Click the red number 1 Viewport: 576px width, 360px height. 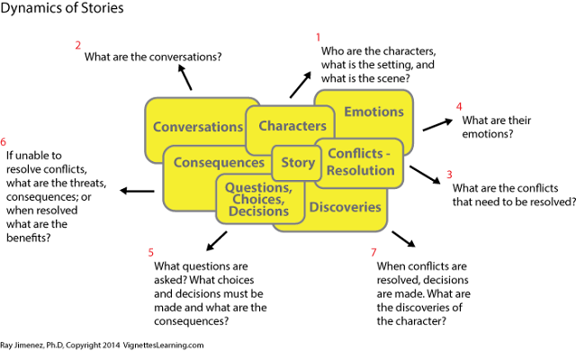pyautogui.click(x=317, y=37)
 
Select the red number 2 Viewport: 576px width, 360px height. pyautogui.click(x=77, y=45)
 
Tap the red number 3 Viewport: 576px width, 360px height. pyautogui.click(x=448, y=175)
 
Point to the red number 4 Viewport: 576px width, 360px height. pyautogui.click(x=458, y=106)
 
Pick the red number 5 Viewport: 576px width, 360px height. pyautogui.click(x=150, y=252)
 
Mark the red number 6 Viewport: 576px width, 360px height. pyautogui.click(x=4, y=141)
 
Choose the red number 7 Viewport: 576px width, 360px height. pyautogui.click(x=373, y=252)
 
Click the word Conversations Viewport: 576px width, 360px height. pyautogui.click(x=198, y=127)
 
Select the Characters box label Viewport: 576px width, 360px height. pyautogui.click(x=292, y=126)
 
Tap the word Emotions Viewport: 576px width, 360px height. pyautogui.click(x=373, y=112)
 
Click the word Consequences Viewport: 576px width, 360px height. pyautogui.click(x=219, y=163)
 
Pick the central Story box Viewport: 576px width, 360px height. pyautogui.click(x=298, y=163)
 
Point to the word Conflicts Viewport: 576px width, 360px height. pyautogui.click(x=355, y=154)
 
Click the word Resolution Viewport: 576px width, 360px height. pyautogui.click(x=360, y=170)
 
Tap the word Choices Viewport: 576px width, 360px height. pyautogui.click(x=257, y=199)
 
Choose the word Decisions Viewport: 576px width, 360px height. pyautogui.click(x=258, y=211)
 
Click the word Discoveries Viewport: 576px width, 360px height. pyautogui.click(x=345, y=207)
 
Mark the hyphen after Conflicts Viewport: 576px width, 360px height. pyautogui.click(x=388, y=154)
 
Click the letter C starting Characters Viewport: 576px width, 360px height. pyautogui.click(x=264, y=126)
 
